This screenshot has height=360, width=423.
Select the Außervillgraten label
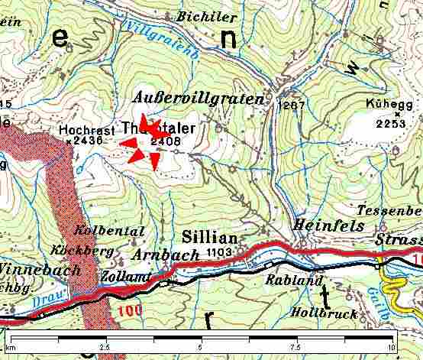[x=198, y=99]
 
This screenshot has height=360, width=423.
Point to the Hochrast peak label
[x=85, y=130]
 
